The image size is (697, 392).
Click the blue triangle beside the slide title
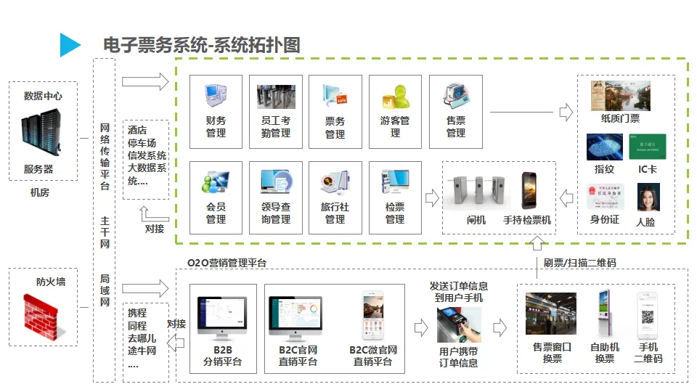click(69, 44)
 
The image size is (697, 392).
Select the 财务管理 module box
click(216, 112)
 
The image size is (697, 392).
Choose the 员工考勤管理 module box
click(276, 112)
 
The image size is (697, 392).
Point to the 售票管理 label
click(456, 127)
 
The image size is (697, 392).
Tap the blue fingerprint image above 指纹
click(605, 147)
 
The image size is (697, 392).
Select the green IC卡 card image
click(648, 147)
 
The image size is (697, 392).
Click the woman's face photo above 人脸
click(648, 197)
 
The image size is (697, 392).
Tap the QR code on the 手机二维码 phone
click(648, 318)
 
